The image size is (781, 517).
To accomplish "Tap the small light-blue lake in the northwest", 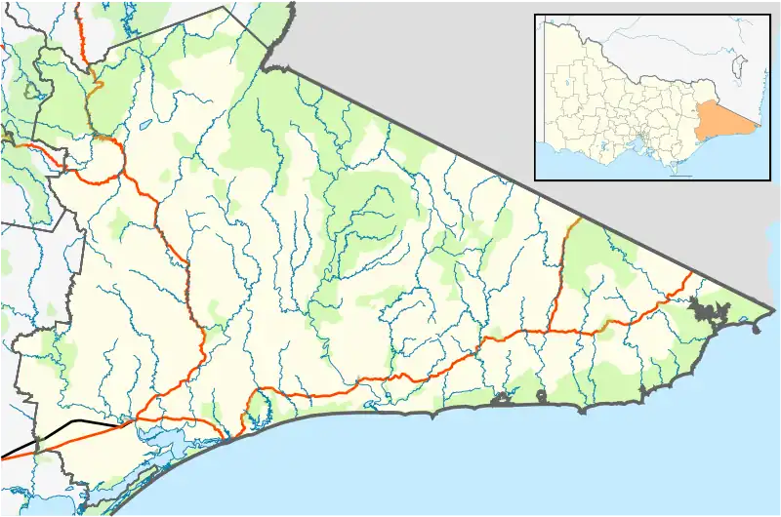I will coord(146,124).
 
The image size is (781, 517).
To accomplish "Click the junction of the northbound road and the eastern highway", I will coord(550,330).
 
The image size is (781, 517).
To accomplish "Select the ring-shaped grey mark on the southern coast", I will coord(543,395).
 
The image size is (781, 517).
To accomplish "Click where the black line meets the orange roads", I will coord(127,423).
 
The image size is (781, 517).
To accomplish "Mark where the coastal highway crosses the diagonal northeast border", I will coord(692,273).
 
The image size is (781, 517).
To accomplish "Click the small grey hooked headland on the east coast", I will coord(757,329).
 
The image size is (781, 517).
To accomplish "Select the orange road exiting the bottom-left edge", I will coord(8,455).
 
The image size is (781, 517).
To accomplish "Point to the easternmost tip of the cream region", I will coord(774,312).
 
